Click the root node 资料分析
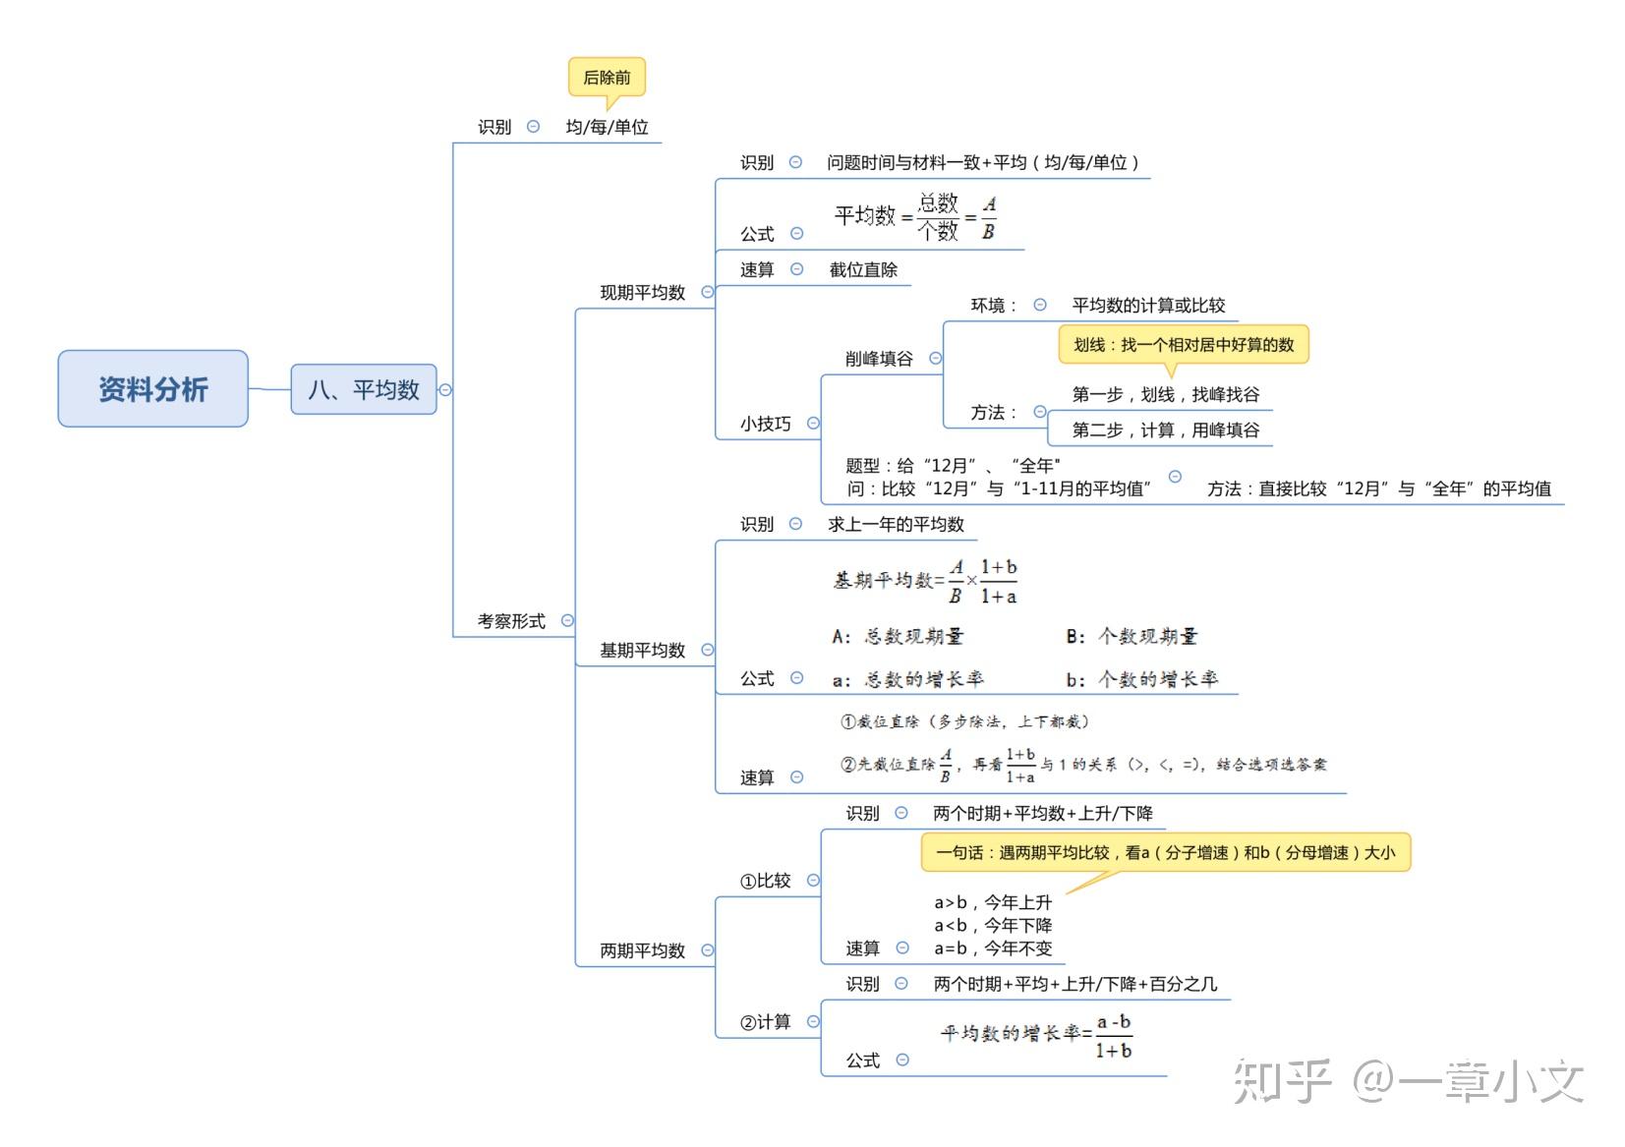point(153,389)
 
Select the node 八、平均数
point(364,389)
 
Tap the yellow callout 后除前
point(607,77)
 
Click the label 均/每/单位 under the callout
point(607,127)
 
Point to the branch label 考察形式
point(511,621)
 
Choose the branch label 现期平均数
point(642,292)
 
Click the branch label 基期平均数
point(642,650)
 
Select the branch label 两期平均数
point(642,950)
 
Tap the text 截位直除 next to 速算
point(863,270)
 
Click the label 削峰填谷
point(879,359)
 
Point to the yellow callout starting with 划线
point(1184,345)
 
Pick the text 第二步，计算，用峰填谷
point(1166,430)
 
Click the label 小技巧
point(766,424)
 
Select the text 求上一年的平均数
point(896,525)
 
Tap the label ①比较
point(766,881)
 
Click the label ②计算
point(766,1022)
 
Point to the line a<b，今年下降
point(993,926)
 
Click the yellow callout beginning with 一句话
point(1166,852)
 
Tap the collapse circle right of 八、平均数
point(445,389)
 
